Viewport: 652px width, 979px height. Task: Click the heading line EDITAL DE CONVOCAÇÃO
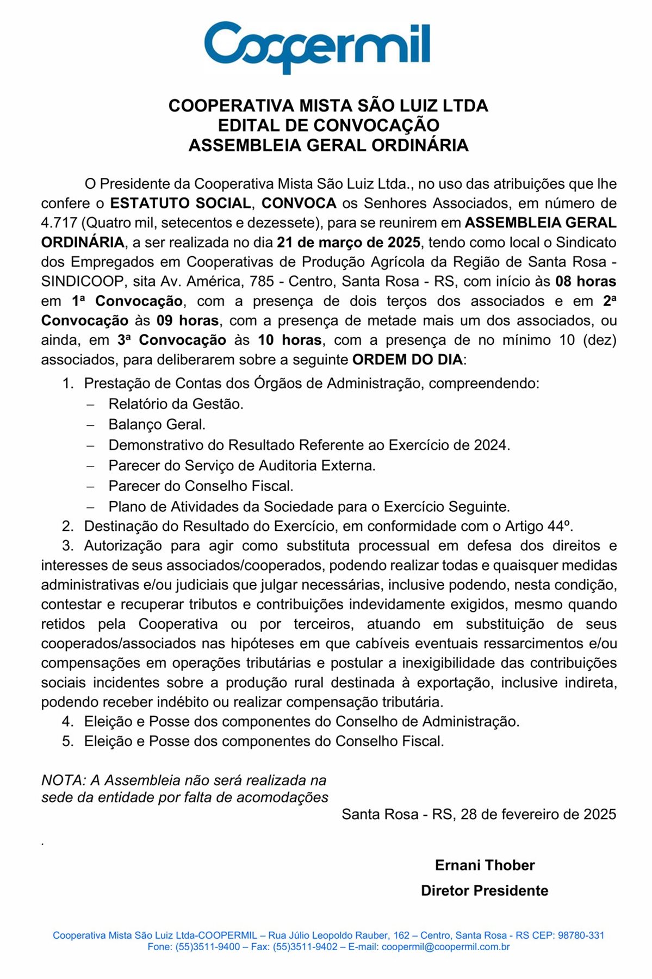tap(328, 125)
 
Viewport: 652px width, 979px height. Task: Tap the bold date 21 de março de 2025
tap(348, 243)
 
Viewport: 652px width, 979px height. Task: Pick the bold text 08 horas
tap(585, 282)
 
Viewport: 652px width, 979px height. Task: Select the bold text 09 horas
tap(188, 321)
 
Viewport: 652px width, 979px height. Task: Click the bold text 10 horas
tap(289, 340)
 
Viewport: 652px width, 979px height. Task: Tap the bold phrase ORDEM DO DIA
tap(407, 360)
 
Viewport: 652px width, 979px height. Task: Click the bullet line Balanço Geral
tap(157, 424)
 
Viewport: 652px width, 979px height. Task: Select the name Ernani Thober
tap(485, 865)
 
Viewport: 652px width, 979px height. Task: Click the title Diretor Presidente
tap(485, 891)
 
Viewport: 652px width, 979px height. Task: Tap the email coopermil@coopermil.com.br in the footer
tap(445, 947)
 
